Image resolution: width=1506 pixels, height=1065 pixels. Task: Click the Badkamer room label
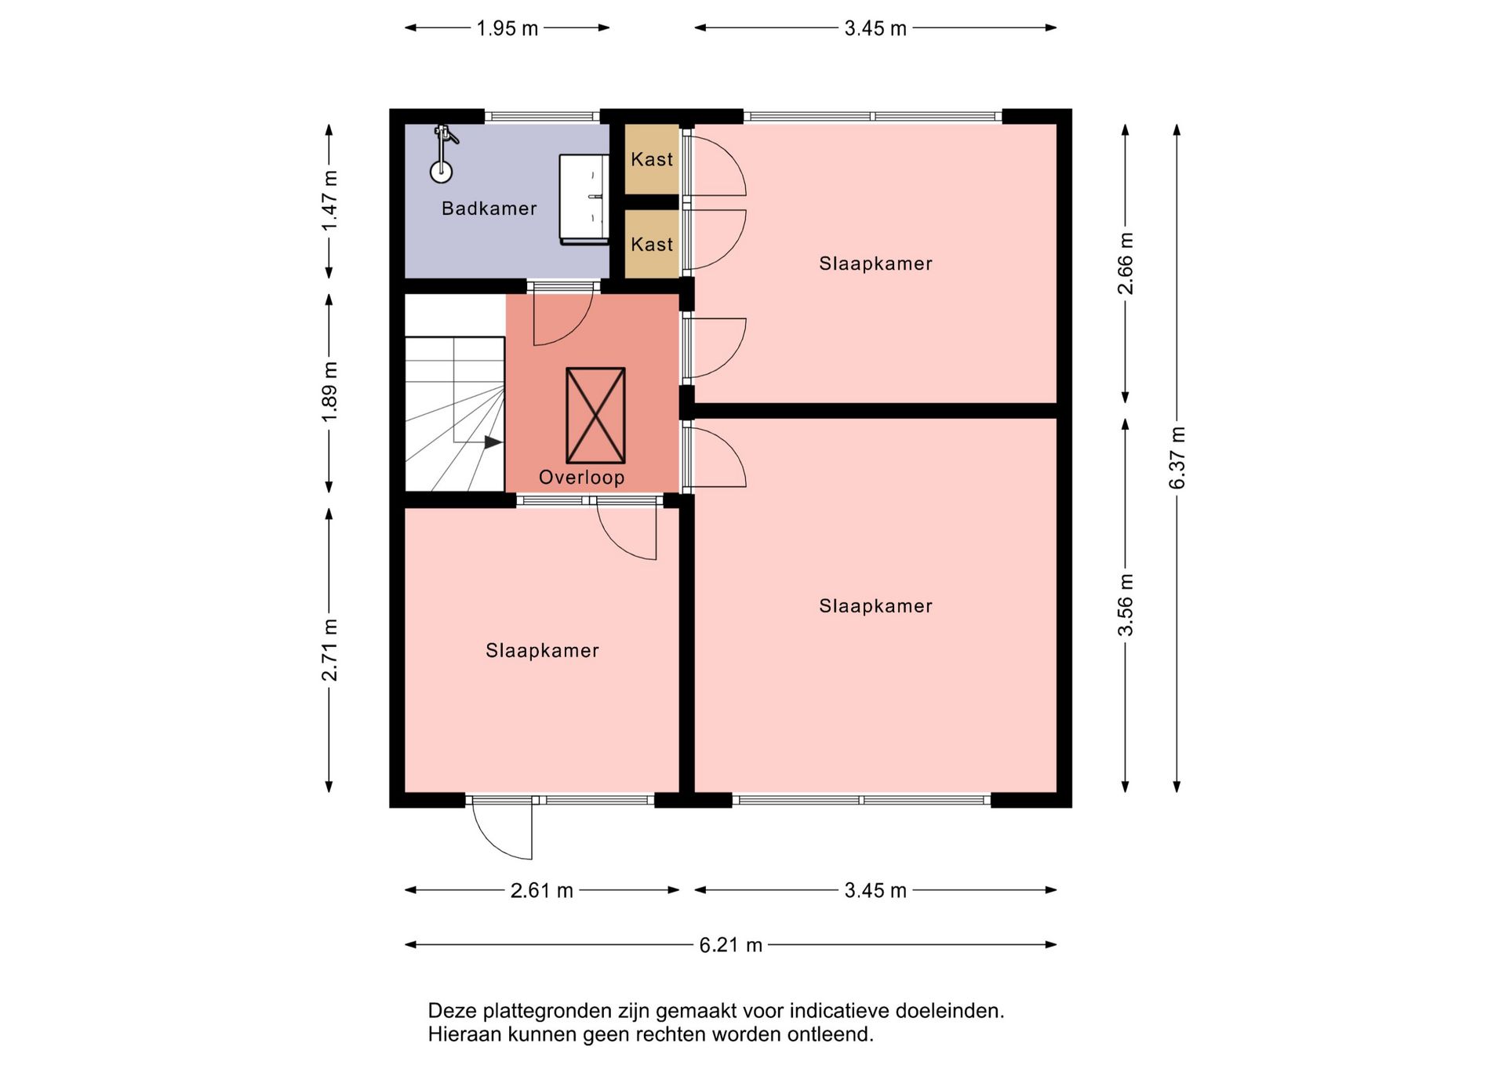(x=489, y=209)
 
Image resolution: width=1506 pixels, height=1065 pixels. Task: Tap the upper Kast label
(x=652, y=159)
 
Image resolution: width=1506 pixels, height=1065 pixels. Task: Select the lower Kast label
(x=652, y=245)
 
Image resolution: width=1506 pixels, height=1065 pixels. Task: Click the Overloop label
(x=581, y=478)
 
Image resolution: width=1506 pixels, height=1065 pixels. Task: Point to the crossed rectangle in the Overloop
(x=595, y=416)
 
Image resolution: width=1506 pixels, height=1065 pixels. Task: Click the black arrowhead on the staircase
(x=493, y=442)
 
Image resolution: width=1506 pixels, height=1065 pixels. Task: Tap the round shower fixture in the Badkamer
(x=442, y=172)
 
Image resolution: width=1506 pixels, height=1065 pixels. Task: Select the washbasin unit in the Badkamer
(x=584, y=199)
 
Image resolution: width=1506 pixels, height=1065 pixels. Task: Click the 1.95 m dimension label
(x=507, y=29)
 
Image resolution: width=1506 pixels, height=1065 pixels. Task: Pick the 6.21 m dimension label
(x=730, y=945)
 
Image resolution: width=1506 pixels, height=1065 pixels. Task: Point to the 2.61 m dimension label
(x=542, y=891)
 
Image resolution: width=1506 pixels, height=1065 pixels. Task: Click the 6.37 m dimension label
(x=1177, y=458)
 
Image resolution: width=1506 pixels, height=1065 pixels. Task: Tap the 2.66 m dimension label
(x=1126, y=264)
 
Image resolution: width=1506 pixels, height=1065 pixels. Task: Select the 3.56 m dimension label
(x=1126, y=605)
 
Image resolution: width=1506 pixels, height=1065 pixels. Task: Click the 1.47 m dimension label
(x=329, y=201)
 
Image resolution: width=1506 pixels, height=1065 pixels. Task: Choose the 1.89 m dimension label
(x=329, y=392)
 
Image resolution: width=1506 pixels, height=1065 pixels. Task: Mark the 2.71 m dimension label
(x=329, y=650)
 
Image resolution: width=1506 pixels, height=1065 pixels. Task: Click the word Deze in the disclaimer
(x=452, y=1011)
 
